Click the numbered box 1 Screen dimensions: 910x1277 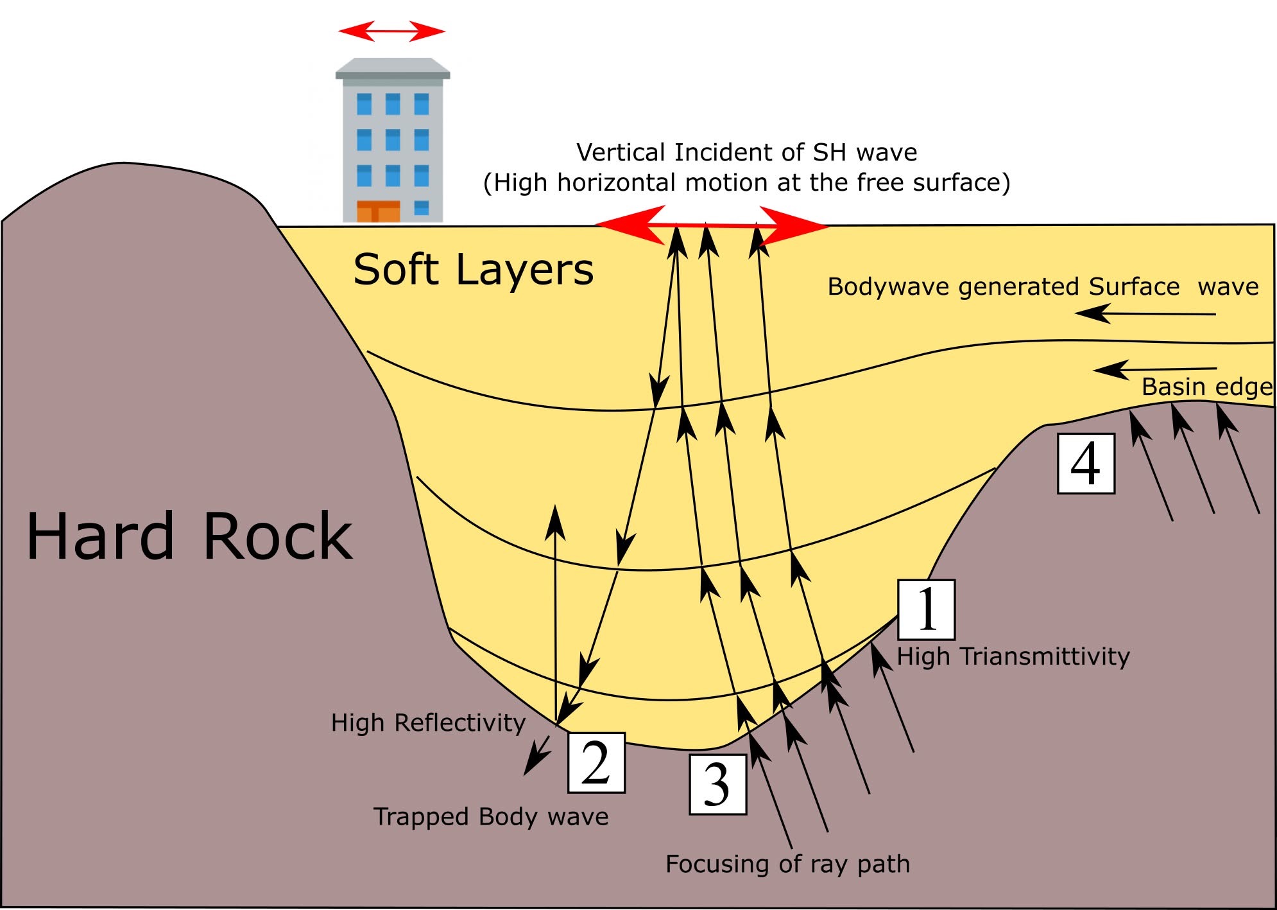pos(926,609)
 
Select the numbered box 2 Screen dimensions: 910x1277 pos(596,762)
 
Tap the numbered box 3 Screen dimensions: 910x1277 pos(717,784)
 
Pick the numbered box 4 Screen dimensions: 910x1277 pos(1086,463)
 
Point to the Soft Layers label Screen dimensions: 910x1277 pos(473,270)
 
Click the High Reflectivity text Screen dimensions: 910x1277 pos(428,723)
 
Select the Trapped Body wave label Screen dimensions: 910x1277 pos(491,817)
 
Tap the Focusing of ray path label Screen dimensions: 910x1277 pos(787,864)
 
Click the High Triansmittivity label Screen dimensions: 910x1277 pos(1013,657)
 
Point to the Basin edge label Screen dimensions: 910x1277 pos(1207,387)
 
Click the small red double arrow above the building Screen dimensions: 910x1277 pos(391,31)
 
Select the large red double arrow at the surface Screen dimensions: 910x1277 pos(711,225)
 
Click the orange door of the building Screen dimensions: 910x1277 pos(378,211)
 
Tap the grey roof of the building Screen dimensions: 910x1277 pos(393,69)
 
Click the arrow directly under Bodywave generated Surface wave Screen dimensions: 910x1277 pos(1145,314)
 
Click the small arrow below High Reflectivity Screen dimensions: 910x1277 pos(537,755)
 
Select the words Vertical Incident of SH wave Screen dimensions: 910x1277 pos(746,153)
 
